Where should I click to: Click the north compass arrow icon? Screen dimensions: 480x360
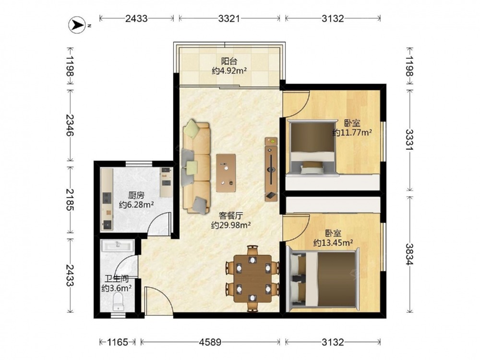[77, 25]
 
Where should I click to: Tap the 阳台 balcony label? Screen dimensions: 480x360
[229, 61]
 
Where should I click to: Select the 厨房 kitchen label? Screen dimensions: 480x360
[136, 195]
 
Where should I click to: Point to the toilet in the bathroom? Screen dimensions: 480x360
[118, 301]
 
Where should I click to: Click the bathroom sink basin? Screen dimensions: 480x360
[118, 245]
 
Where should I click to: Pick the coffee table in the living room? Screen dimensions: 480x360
[226, 173]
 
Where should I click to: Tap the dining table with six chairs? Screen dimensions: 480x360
[252, 278]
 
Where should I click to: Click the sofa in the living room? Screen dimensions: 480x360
[196, 167]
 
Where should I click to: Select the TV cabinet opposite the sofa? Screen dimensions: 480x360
[271, 169]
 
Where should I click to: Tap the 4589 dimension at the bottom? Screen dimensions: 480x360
[210, 342]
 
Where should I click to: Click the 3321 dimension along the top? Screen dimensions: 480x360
[229, 19]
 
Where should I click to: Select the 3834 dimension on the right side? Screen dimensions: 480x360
[409, 254]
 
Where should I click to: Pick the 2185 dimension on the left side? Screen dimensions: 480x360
[70, 200]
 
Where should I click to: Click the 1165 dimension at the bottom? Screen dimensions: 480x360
[118, 342]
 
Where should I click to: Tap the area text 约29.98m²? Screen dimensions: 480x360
[231, 225]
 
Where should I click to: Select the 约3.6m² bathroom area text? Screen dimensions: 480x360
[117, 288]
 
